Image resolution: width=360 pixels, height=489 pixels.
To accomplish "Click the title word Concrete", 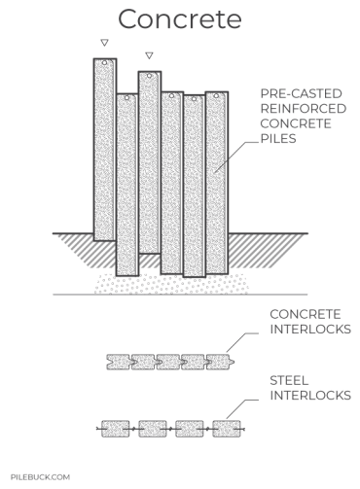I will pyautogui.click(x=179, y=18).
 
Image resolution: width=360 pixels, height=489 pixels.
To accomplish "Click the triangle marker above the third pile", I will pyautogui.click(x=149, y=55).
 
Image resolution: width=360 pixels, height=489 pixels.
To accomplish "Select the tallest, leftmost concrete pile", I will pyautogui.click(x=104, y=146).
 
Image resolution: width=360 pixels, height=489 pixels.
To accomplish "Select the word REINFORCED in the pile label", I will pyautogui.click(x=298, y=109).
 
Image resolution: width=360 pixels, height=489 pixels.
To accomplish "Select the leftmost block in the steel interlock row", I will pyautogui.click(x=117, y=428).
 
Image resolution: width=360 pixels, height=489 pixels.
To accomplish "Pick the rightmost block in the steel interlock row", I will pyautogui.click(x=227, y=428).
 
